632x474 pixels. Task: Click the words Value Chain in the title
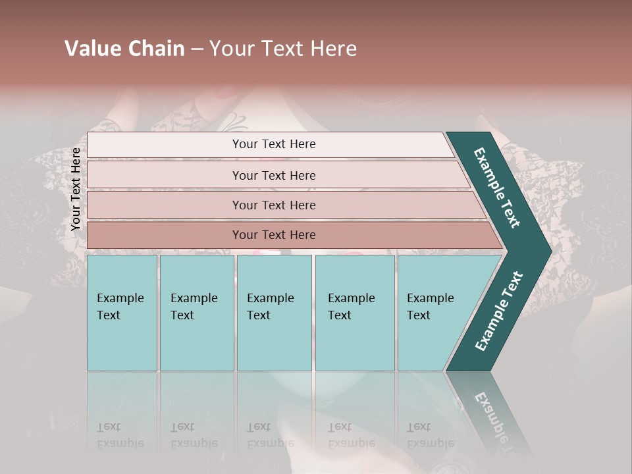click(x=124, y=49)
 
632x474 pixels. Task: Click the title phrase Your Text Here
click(x=283, y=49)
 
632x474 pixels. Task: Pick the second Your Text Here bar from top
click(x=274, y=175)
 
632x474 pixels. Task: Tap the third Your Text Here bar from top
click(x=274, y=205)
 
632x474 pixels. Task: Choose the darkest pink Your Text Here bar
click(x=274, y=235)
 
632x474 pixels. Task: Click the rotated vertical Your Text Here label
click(x=76, y=190)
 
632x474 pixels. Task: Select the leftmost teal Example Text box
click(x=122, y=313)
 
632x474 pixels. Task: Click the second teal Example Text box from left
click(x=197, y=313)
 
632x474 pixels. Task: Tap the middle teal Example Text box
click(x=274, y=313)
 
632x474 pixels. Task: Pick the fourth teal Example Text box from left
click(x=355, y=313)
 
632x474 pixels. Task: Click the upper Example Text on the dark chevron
click(x=497, y=187)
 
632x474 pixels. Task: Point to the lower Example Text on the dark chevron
click(x=499, y=311)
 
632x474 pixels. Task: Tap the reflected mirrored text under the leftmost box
click(x=120, y=435)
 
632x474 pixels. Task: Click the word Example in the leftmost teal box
click(x=120, y=298)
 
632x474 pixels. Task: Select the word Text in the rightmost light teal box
click(x=419, y=315)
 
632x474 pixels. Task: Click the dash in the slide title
click(x=197, y=49)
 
